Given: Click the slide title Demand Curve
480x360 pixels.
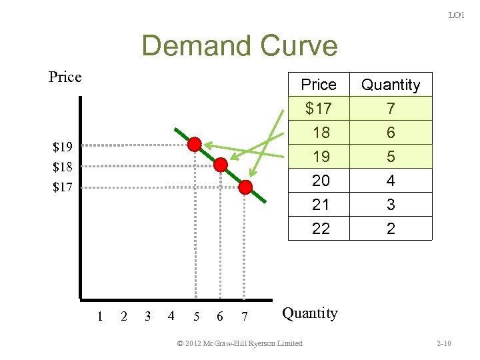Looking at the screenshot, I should tap(239, 46).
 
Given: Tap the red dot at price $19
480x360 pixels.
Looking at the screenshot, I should tap(194, 145).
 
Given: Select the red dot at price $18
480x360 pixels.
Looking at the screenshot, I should tap(221, 165).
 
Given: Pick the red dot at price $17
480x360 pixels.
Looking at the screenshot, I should tap(245, 187).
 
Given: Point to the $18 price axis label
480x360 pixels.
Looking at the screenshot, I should tap(63, 166).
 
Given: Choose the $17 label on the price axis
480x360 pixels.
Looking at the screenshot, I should tap(63, 187).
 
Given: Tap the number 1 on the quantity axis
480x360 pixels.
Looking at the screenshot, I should tap(99, 316).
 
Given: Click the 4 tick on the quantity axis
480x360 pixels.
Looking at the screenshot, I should tap(171, 316).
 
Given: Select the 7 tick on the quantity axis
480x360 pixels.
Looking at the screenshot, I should tap(245, 316).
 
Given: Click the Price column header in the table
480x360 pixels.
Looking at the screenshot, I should tap(319, 85).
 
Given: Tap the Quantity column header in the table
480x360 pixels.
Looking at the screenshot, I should tap(391, 85).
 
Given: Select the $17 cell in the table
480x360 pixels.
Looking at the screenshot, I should tap(319, 108).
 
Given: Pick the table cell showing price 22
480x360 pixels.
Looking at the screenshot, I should tap(321, 229).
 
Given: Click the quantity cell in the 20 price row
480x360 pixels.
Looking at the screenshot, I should tap(391, 181).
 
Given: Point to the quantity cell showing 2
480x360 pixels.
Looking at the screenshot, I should tap(391, 229).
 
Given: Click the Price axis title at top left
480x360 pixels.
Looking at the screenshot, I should tap(65, 77).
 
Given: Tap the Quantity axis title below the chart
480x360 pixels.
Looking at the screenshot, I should tap(310, 313).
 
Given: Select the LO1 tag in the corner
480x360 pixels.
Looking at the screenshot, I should tap(456, 15).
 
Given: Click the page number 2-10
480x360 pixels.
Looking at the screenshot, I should tap(443, 343).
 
